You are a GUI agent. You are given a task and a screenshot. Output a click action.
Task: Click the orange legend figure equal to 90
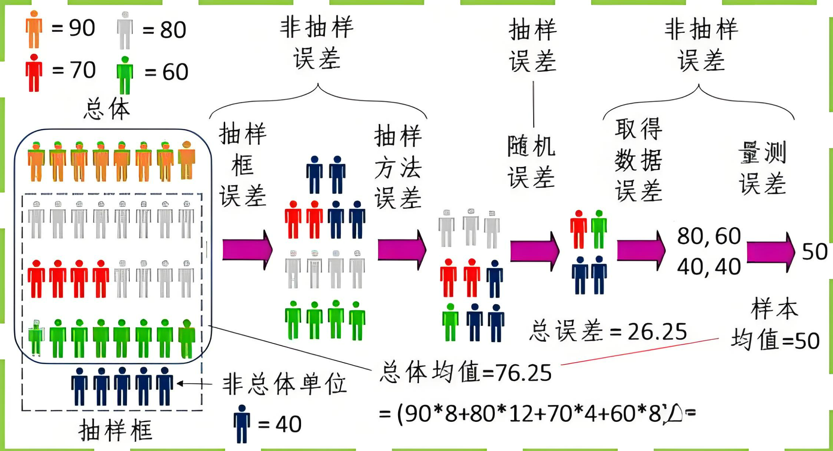tap(34, 30)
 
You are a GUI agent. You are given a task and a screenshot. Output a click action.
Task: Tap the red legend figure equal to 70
tap(34, 73)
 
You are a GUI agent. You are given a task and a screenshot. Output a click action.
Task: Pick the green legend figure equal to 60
tap(125, 75)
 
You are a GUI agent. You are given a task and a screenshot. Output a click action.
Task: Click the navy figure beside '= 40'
tap(242, 424)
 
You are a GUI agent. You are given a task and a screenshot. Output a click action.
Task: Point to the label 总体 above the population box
tap(107, 109)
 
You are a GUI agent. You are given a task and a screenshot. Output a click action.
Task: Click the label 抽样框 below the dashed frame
tap(115, 431)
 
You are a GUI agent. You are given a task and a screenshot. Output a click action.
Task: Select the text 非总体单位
tap(284, 384)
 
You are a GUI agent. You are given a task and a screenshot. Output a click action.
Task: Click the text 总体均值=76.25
tap(466, 372)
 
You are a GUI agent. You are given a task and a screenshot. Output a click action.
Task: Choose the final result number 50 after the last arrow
tap(814, 251)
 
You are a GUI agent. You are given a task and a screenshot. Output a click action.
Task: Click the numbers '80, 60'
tap(709, 236)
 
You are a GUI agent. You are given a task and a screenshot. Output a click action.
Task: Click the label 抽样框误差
tap(243, 165)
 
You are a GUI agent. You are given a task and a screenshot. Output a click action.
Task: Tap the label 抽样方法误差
tap(398, 167)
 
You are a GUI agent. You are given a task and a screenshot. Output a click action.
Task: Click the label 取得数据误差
tap(638, 160)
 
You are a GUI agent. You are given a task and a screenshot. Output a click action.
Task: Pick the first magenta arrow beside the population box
tap(247, 250)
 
